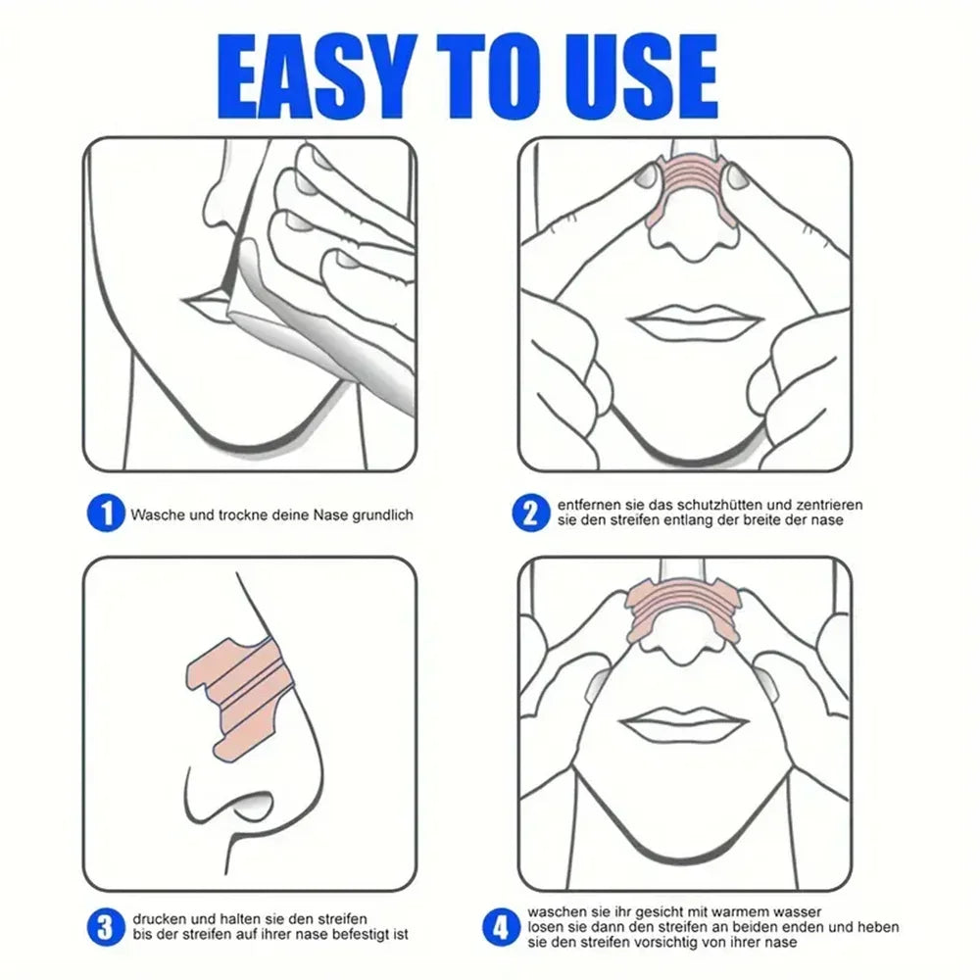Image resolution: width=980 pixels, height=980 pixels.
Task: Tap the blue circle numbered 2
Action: tap(530, 513)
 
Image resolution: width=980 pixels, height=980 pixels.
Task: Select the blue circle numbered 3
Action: tap(106, 925)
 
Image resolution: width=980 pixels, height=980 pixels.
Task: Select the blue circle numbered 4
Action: tap(501, 925)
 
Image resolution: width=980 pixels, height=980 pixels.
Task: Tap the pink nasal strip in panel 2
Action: tap(686, 186)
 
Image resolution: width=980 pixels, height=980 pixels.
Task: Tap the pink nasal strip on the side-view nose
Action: tap(240, 686)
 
